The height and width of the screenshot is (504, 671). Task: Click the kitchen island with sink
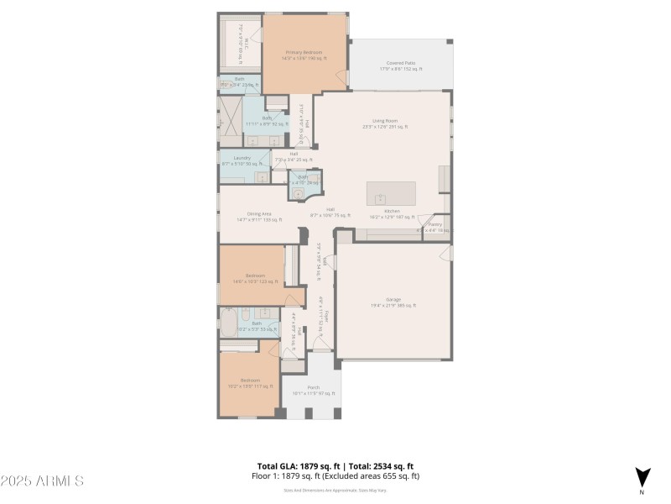click(392, 193)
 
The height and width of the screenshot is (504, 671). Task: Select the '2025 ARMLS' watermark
click(42, 481)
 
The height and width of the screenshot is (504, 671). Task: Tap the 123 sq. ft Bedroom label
click(256, 278)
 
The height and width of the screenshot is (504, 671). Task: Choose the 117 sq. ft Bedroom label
click(250, 384)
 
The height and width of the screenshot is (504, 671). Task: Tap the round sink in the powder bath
click(297, 192)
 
